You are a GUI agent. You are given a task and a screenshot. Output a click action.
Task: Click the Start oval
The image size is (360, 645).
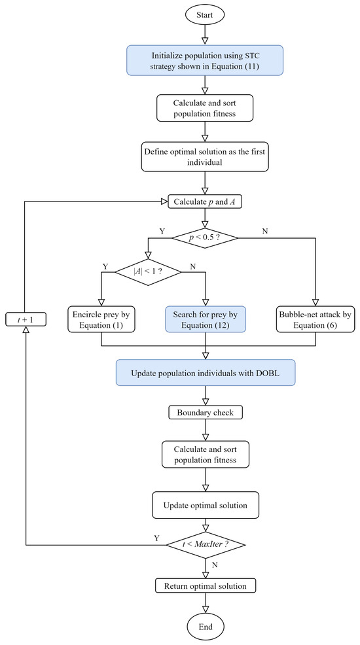[206, 13]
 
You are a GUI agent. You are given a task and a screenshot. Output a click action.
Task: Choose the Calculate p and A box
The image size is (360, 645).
[206, 201]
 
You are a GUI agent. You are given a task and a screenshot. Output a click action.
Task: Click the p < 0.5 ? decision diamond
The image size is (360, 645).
[206, 237]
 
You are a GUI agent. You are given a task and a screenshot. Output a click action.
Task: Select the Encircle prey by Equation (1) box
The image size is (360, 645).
[101, 319]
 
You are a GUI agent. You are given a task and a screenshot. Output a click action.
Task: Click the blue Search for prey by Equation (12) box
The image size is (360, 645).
[206, 319]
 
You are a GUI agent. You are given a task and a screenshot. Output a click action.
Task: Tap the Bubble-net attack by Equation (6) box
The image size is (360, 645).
[317, 319]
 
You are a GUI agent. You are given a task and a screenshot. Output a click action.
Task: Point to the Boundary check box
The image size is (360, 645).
[206, 413]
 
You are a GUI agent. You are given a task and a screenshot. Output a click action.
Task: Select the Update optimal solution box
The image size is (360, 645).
[206, 506]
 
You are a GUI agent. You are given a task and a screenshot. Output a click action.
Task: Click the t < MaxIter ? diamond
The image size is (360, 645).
[206, 544]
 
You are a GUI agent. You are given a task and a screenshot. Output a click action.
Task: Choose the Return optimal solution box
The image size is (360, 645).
[206, 585]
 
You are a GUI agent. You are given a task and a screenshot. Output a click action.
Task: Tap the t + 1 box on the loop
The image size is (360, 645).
[25, 319]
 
